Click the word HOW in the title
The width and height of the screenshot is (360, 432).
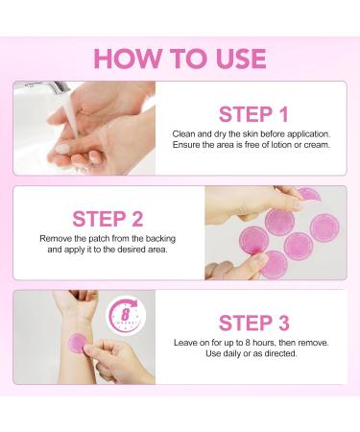pyautogui.click(x=128, y=59)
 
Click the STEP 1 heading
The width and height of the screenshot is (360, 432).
pyautogui.click(x=253, y=114)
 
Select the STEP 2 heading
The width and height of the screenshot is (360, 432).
pyautogui.click(x=108, y=219)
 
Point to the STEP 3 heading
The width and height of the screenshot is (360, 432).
pyautogui.click(x=254, y=323)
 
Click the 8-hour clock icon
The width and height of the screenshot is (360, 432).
pyautogui.click(x=126, y=315)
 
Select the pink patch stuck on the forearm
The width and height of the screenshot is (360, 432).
pyautogui.click(x=78, y=343)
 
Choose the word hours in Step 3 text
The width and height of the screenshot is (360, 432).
pyautogui.click(x=264, y=343)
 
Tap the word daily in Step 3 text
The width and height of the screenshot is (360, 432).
pyautogui.click(x=231, y=353)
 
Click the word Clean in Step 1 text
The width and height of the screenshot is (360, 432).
pyautogui.click(x=183, y=133)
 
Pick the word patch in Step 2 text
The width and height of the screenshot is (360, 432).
pyautogui.click(x=99, y=239)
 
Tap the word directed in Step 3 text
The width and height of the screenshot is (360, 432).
pyautogui.click(x=280, y=353)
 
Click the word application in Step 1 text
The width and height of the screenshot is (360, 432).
pyautogui.click(x=308, y=134)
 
